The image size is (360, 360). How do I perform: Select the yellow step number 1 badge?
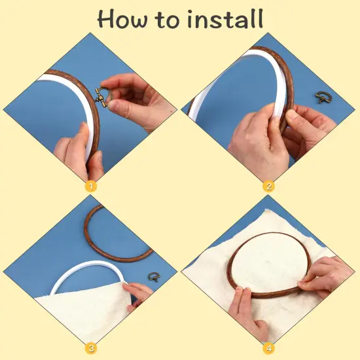(91, 187)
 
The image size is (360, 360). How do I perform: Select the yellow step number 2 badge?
(268, 187)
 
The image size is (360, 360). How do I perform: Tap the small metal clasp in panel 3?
(154, 278)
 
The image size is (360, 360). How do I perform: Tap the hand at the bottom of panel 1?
(75, 151)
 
